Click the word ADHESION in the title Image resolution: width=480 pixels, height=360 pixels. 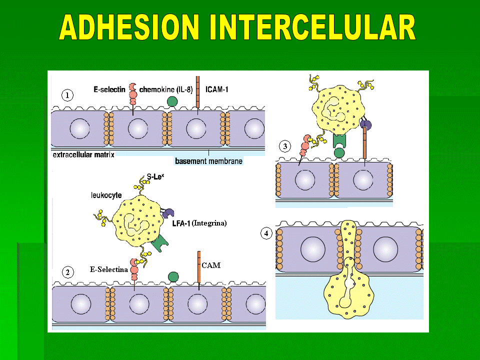pos(129,27)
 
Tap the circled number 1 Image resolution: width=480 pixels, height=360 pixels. pos(67,95)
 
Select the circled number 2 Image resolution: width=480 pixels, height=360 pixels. pos(67,272)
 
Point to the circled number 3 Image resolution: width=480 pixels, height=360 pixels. pos(285,146)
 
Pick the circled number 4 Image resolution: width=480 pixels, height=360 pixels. pos(266,233)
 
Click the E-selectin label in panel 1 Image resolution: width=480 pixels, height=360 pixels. pos(109,89)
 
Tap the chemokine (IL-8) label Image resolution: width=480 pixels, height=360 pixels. pos(166,89)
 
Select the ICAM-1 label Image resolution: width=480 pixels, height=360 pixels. pos(216,89)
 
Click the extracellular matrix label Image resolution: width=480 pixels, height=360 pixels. pos(83,154)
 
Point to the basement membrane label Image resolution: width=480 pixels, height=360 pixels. pos(209,161)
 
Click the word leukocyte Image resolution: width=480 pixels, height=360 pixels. pos(106,195)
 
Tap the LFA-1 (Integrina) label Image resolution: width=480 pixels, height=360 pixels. pos(199,223)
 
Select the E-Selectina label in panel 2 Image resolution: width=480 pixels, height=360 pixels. pos(108,269)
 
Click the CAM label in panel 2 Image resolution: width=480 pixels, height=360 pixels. pos(211,265)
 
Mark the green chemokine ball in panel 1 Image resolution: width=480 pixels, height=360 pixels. pos(172,101)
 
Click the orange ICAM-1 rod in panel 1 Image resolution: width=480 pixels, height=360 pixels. pos(198,92)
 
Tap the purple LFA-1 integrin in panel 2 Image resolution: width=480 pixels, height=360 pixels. pos(168,213)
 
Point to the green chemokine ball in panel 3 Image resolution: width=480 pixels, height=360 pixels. pos(339,153)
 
